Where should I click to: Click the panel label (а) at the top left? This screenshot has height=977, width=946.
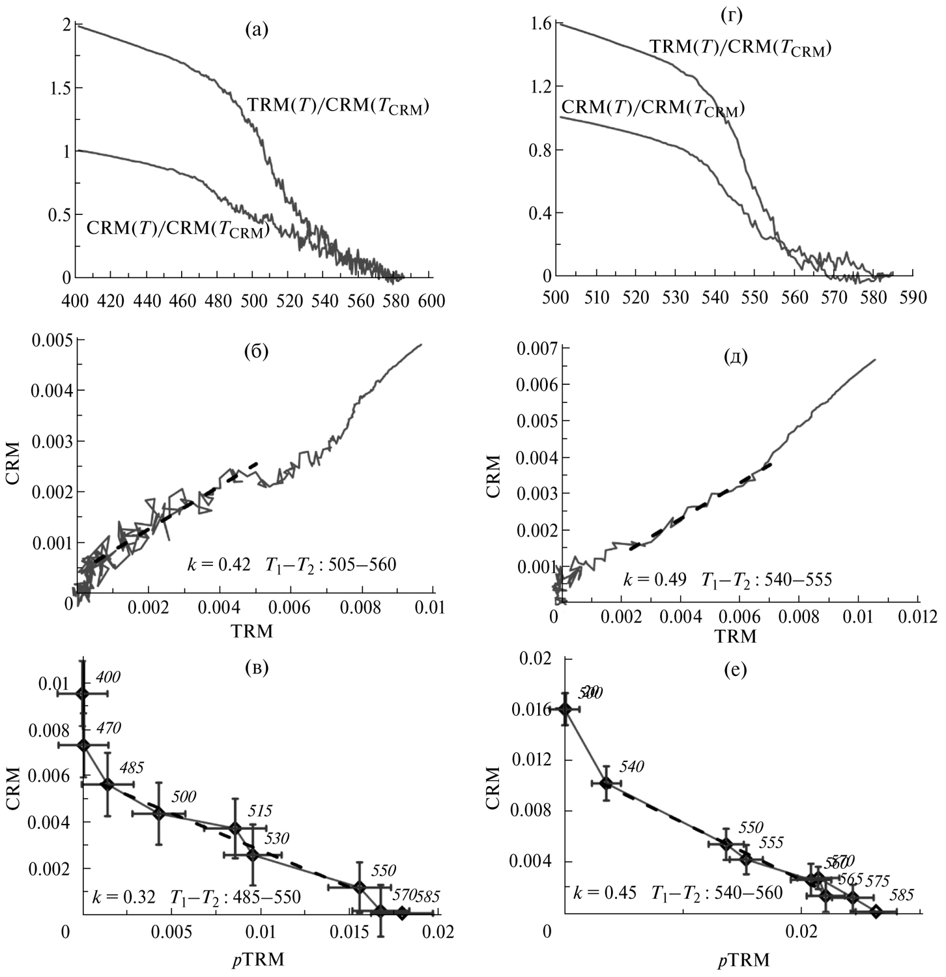256,29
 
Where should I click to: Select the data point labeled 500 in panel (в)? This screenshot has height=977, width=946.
159,814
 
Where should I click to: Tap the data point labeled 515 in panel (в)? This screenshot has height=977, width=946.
235,828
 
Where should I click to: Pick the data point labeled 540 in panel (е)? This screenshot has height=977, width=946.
607,782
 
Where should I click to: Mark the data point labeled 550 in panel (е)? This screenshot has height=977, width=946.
726,844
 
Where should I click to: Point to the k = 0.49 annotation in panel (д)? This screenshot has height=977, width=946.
654,579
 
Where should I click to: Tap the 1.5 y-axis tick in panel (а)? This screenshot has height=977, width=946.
57,89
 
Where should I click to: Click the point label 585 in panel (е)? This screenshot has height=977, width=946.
901,896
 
